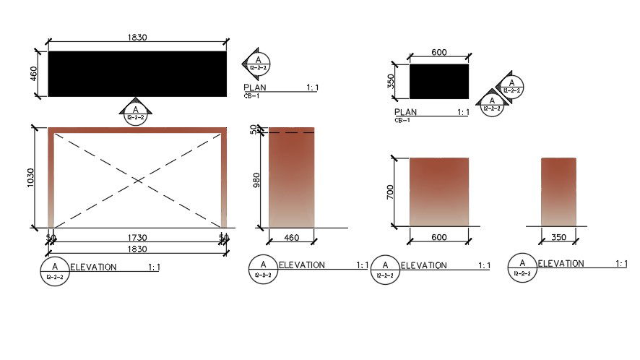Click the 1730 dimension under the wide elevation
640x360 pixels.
click(x=137, y=237)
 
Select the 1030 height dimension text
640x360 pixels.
click(x=30, y=178)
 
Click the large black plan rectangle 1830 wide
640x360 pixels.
click(x=137, y=74)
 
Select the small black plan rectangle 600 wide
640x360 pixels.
click(x=438, y=81)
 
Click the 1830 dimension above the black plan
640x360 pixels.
click(x=137, y=38)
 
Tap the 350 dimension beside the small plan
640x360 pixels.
click(x=392, y=81)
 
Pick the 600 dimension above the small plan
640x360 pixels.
click(x=438, y=52)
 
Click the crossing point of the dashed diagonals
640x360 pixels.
click(x=137, y=179)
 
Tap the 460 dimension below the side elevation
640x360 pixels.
click(x=292, y=237)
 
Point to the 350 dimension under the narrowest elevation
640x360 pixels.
click(x=558, y=237)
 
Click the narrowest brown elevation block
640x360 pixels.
click(x=558, y=192)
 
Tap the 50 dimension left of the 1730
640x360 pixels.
click(x=51, y=237)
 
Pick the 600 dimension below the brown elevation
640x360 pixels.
click(x=438, y=237)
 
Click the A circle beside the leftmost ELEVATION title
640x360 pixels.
click(x=56, y=271)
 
